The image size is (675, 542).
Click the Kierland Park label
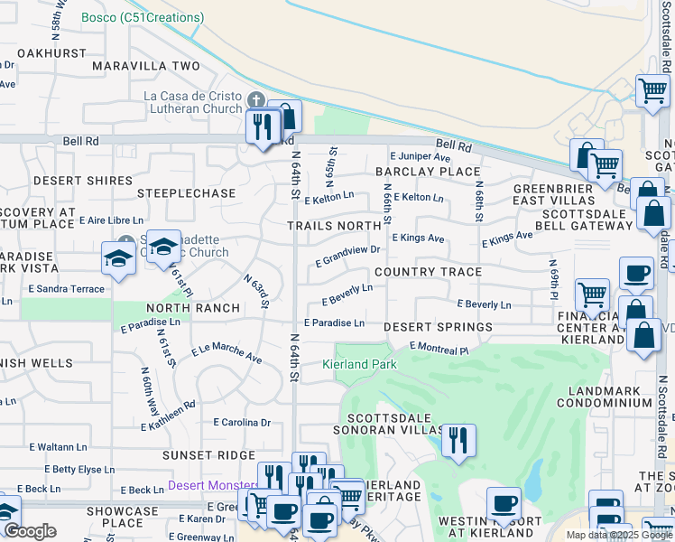coord(358,364)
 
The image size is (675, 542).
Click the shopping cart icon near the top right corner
coord(652,89)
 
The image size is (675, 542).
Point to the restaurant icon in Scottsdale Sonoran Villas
coord(458,440)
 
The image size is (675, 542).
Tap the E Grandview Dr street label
coord(347,256)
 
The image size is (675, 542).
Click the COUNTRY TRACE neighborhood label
coord(428,272)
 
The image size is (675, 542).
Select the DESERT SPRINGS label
coord(439,327)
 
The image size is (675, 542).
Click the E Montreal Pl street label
coord(439,348)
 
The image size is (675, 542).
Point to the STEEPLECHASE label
coord(186,193)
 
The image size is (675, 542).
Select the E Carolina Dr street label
coord(242,422)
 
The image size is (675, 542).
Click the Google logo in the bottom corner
coord(30,531)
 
